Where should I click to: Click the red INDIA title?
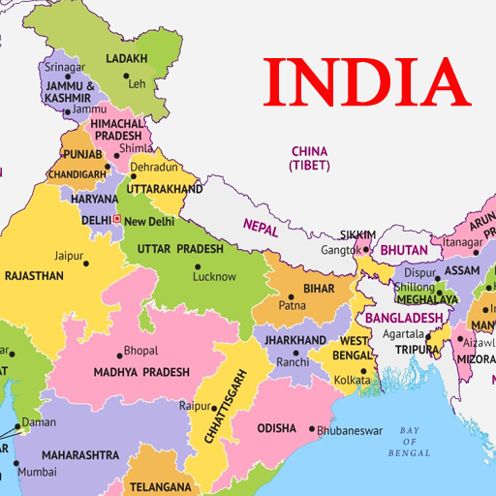366,84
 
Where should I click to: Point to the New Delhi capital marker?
117,220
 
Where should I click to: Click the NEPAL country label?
260,230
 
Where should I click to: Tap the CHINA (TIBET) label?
309,159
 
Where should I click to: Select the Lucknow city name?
214,276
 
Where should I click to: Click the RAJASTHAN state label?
34,276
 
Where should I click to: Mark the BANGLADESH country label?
397,318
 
